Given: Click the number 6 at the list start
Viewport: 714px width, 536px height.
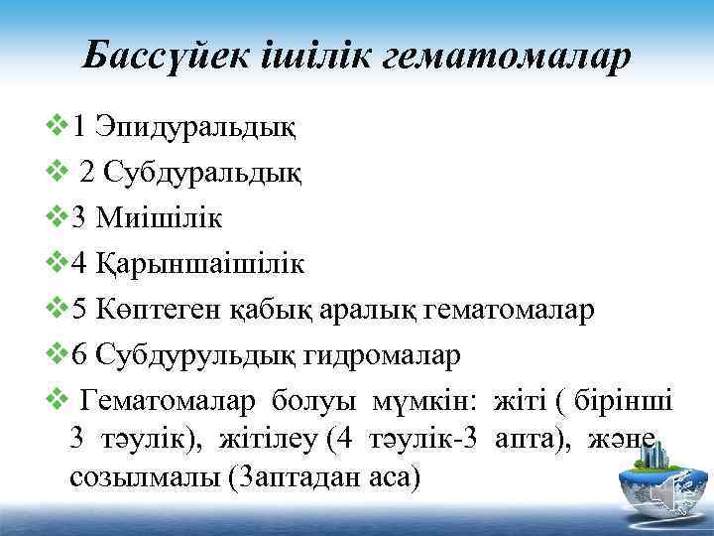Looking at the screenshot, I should coord(81,355).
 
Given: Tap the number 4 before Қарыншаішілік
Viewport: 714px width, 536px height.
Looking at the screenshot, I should coord(81,264).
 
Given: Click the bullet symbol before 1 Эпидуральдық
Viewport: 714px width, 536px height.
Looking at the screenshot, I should coord(58,127).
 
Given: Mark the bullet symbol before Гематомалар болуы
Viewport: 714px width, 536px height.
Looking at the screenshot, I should coord(58,402).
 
